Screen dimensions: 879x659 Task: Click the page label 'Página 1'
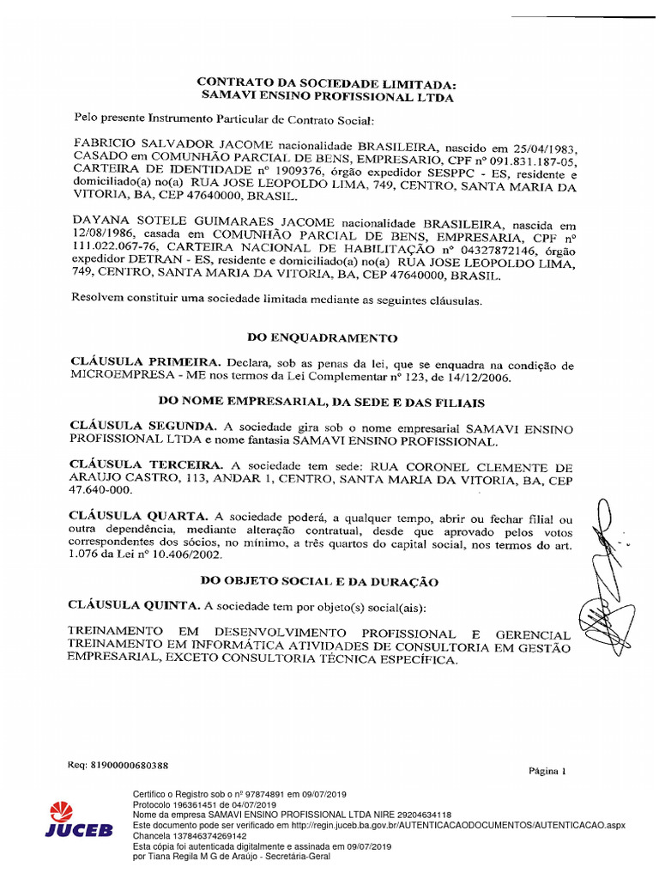point(547,770)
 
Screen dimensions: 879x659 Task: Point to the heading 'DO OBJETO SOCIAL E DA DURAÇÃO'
point(319,581)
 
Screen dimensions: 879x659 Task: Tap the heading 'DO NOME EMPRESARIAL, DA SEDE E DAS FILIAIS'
point(321,402)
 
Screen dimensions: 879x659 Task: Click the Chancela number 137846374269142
point(207,835)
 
